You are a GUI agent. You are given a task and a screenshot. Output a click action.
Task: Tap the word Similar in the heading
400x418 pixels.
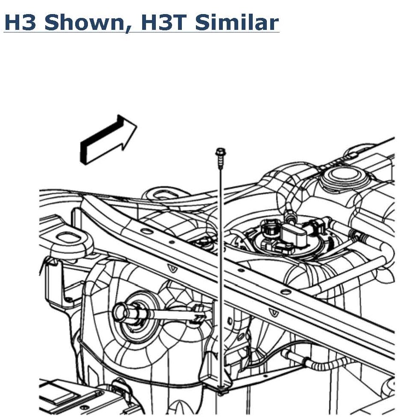[x=236, y=22]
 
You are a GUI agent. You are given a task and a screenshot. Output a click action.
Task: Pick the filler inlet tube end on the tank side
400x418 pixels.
[x=124, y=311]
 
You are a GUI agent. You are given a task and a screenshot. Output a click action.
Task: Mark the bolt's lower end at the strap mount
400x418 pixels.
[x=221, y=389]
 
